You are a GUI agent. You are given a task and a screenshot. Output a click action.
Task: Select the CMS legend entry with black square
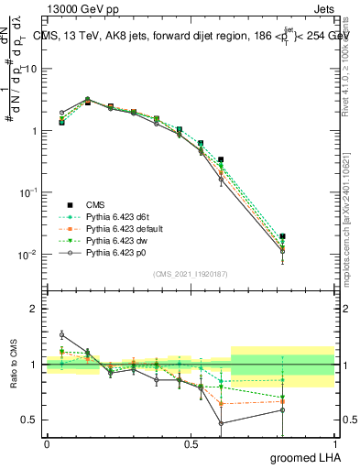(x=95, y=205)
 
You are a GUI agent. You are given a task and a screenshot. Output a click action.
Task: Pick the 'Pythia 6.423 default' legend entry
(x=115, y=230)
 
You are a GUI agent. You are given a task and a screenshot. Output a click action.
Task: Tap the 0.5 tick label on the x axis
(x=191, y=442)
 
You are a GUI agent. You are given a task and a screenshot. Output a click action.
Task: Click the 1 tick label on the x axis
(x=334, y=442)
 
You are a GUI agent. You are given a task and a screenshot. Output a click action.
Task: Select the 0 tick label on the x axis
(x=47, y=442)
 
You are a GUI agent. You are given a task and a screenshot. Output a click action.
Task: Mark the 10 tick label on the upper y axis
(x=29, y=70)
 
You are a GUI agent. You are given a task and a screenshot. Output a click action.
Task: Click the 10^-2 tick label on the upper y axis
(x=27, y=255)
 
